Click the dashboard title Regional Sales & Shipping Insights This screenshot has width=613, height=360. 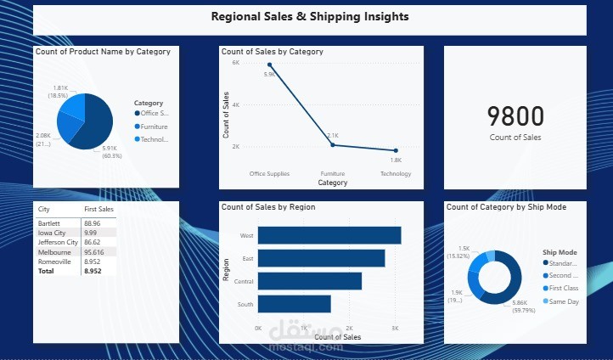309,16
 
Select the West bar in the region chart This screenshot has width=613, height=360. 329,235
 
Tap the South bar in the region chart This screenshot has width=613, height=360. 294,304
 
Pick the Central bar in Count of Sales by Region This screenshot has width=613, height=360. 309,281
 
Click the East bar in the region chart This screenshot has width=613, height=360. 321,258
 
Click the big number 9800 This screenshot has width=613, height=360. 515,117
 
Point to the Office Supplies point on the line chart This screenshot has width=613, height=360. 270,65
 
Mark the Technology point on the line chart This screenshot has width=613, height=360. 396,150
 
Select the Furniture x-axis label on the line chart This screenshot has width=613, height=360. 333,174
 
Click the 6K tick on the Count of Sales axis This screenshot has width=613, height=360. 236,63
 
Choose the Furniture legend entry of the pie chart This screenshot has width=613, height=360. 153,127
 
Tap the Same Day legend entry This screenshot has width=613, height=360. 563,301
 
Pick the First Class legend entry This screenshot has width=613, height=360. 563,288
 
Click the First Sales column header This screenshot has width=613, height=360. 98,208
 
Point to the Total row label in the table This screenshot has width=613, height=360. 46,272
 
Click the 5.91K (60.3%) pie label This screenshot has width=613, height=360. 112,152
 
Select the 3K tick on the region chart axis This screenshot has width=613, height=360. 394,327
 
